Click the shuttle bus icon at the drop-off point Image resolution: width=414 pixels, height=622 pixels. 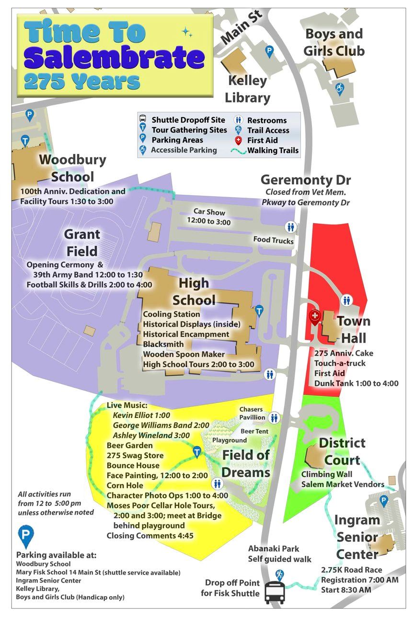(x=274, y=590)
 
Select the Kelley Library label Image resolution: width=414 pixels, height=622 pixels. (x=248, y=89)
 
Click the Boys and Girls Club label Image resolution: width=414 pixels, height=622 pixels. (x=334, y=42)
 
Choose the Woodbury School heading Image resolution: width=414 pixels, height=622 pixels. (x=66, y=168)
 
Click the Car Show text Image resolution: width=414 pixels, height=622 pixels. (x=209, y=216)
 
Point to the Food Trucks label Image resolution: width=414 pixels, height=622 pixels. (x=273, y=240)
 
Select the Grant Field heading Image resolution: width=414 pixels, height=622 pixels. (x=82, y=242)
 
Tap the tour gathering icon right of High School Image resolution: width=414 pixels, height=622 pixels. (x=259, y=311)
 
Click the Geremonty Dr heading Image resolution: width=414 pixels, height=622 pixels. (x=306, y=180)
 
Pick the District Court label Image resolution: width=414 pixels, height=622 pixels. (x=342, y=451)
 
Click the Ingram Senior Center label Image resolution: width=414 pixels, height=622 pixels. (x=357, y=537)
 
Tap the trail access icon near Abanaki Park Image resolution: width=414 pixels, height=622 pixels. (x=279, y=574)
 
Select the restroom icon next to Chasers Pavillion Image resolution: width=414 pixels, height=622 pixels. (x=274, y=418)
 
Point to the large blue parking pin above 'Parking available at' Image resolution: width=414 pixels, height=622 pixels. (x=25, y=536)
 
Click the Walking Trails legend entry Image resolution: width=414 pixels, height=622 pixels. (x=273, y=150)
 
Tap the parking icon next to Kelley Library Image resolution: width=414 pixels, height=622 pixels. (x=270, y=50)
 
